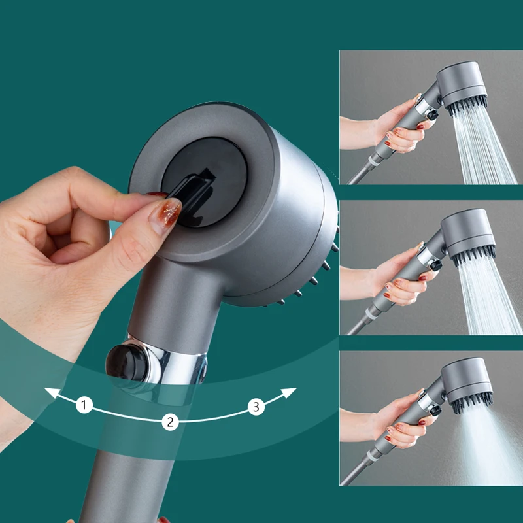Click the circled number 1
pos(84,405)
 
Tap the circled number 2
pos(170,422)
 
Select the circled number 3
pos(256,407)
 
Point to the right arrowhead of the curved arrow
pos(292,391)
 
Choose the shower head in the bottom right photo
pos(468,383)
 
